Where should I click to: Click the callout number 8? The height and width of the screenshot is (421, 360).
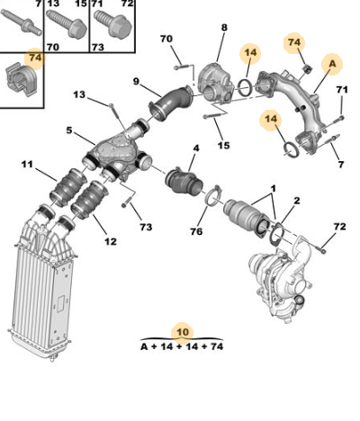(x=224, y=28)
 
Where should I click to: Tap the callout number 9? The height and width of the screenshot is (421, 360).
(x=136, y=81)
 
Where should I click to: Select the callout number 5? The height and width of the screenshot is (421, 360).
(x=69, y=130)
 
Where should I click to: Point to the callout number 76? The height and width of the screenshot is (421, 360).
(x=196, y=231)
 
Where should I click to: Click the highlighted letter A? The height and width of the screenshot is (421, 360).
(x=332, y=64)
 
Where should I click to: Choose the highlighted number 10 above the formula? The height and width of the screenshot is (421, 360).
(x=183, y=332)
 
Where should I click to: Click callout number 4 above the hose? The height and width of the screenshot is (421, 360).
(x=196, y=148)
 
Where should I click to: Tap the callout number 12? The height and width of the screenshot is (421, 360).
(x=110, y=241)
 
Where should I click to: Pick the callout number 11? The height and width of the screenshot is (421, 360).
(x=27, y=165)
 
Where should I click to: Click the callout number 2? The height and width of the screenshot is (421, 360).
(x=296, y=201)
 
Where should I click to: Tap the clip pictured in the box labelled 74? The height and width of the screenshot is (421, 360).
(x=20, y=79)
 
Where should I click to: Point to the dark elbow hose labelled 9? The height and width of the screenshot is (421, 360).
(x=170, y=103)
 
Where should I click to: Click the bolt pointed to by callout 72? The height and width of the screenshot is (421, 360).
(x=321, y=249)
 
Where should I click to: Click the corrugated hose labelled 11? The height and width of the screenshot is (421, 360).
(x=68, y=188)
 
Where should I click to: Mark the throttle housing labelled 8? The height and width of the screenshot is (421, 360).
(x=216, y=83)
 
